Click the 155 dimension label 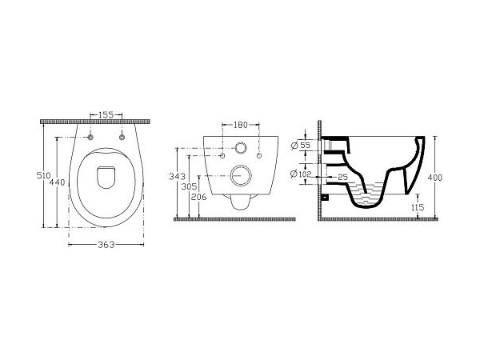click(x=106, y=114)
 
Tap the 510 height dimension click(x=43, y=175)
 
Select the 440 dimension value click(x=58, y=182)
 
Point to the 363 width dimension click(x=106, y=245)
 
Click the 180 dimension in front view click(x=241, y=125)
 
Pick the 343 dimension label click(x=178, y=176)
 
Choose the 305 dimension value click(x=189, y=186)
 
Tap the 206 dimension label click(x=199, y=197)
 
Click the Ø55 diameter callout click(x=301, y=146)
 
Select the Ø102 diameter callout click(x=301, y=174)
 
